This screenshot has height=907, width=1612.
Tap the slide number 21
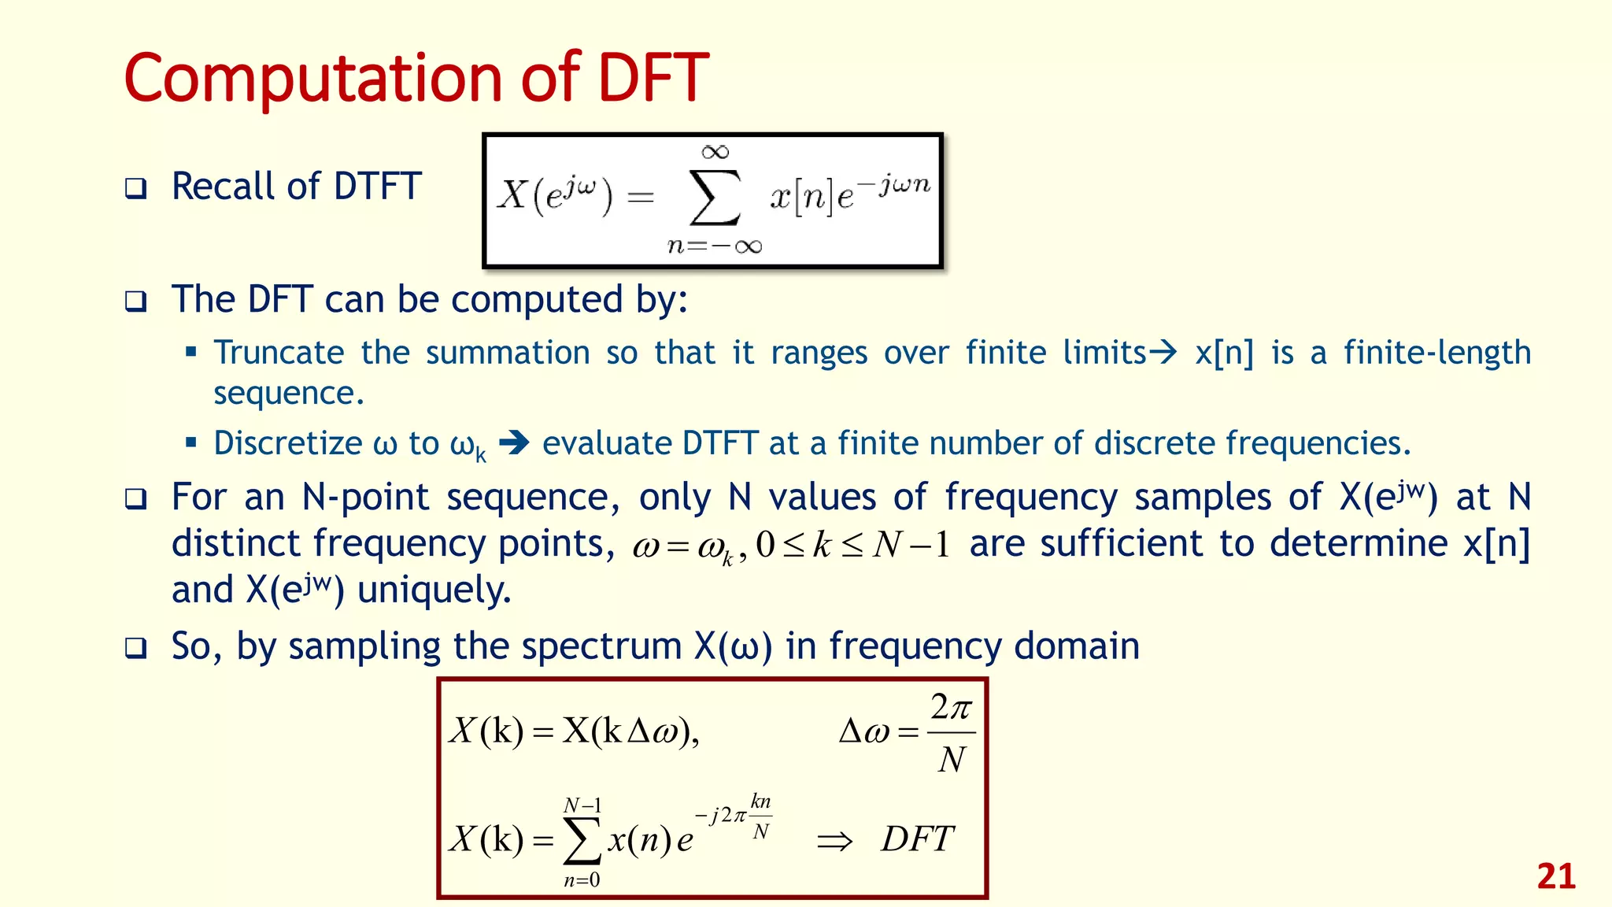click(x=1555, y=876)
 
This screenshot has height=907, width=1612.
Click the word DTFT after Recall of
click(x=378, y=187)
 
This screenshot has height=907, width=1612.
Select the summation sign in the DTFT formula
click(x=715, y=198)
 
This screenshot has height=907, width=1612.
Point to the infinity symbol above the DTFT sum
click(x=715, y=152)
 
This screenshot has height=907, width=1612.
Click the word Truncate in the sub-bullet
click(x=279, y=353)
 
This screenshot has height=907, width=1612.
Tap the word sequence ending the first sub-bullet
click(x=288, y=393)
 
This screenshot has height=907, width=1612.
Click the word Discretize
click(x=288, y=443)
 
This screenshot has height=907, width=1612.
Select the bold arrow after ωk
click(x=514, y=442)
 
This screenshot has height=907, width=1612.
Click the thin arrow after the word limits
click(x=1163, y=352)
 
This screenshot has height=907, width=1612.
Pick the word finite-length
click(x=1436, y=353)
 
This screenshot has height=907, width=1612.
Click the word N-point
click(x=366, y=498)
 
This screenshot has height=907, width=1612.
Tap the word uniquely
click(x=434, y=590)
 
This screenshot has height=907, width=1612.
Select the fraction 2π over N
click(x=951, y=733)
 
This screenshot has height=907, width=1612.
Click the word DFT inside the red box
click(x=917, y=839)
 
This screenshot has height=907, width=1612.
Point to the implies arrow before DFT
click(x=834, y=842)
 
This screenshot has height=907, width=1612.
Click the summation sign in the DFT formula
click(x=582, y=841)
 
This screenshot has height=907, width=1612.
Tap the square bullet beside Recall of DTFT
click(x=136, y=188)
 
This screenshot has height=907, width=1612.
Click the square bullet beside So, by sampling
click(x=136, y=648)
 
